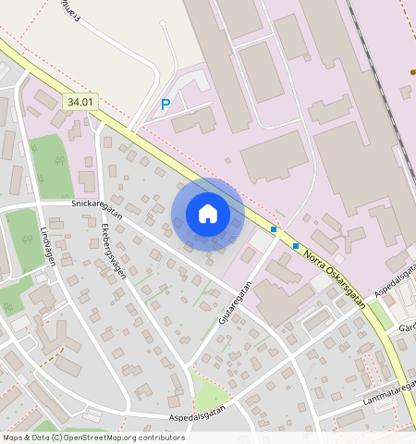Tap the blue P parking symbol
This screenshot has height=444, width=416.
tap(165, 105)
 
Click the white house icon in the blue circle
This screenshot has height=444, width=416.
tap(208, 214)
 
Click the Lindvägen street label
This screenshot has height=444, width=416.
tap(48, 246)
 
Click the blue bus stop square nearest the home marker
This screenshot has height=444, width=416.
tap(274, 228)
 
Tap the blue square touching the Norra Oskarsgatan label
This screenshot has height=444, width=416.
tap(296, 246)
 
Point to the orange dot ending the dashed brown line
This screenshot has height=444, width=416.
tap(412, 71)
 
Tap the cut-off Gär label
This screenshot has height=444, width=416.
tap(408, 328)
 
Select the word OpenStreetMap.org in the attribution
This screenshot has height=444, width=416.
tap(103, 438)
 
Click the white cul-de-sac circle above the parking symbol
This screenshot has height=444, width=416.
tap(165, 25)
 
